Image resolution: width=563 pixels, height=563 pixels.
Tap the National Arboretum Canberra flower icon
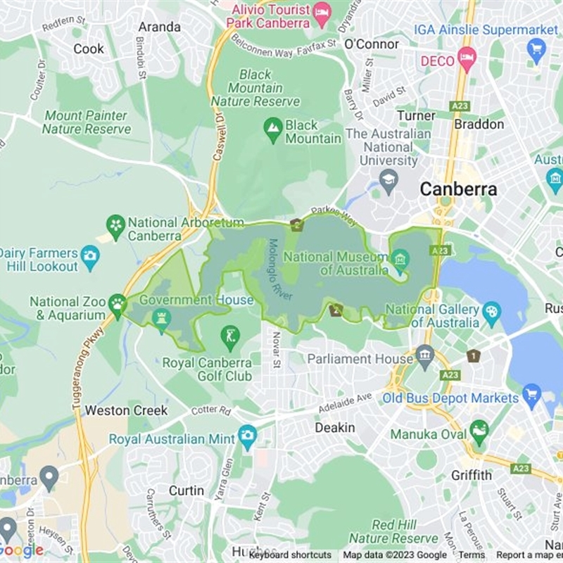click(115, 226)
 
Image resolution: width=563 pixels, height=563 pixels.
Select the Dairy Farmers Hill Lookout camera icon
click(90, 258)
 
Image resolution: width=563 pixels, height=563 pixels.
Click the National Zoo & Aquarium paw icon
click(117, 305)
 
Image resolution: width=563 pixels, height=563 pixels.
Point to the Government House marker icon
click(162, 319)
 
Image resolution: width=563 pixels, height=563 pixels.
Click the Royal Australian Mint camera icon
click(247, 436)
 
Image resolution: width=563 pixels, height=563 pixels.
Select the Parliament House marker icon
click(424, 354)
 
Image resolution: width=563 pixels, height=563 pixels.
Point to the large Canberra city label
click(458, 189)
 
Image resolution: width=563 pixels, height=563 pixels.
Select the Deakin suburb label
click(334, 428)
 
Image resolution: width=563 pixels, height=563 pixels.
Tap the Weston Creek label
click(127, 410)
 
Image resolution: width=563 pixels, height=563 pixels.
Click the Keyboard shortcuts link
click(290, 555)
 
